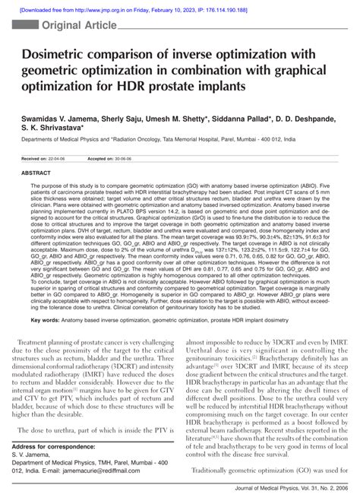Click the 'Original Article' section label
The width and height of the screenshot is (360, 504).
pos(75,25)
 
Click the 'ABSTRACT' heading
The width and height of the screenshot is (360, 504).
pos(36,173)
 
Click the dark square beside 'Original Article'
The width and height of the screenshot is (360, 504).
pos(30,26)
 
